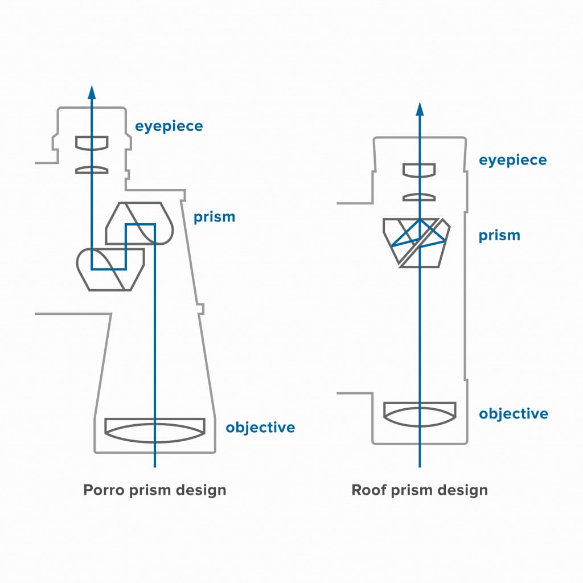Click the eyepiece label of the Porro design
(x=169, y=126)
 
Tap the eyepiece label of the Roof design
(x=512, y=160)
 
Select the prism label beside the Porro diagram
(x=214, y=217)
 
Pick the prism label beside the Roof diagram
(x=499, y=235)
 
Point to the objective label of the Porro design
(x=260, y=427)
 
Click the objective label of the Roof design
(x=513, y=413)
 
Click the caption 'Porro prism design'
(x=155, y=490)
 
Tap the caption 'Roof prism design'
(x=420, y=490)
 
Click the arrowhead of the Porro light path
(x=92, y=92)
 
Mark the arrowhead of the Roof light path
(x=420, y=109)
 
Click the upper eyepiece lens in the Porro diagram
(x=92, y=143)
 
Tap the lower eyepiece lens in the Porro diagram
(x=92, y=170)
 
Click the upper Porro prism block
(x=139, y=223)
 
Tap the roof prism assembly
(x=417, y=242)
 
